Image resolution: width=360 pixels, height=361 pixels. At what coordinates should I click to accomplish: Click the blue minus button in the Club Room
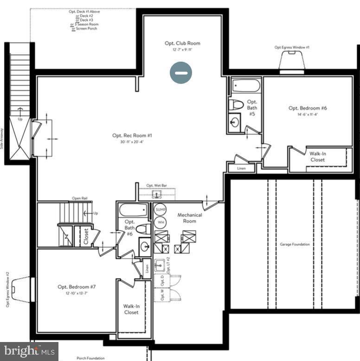pos(181,73)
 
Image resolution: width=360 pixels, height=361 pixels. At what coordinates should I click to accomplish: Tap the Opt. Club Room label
pos(182,44)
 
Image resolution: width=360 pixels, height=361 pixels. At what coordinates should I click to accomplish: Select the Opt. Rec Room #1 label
pos(132,136)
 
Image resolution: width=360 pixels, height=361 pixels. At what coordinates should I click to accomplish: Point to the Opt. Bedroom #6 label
pos(308,108)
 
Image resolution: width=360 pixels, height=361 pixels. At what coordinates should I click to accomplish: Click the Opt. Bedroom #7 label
pos(77,287)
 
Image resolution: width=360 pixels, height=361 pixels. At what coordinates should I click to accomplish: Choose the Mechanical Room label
pos(190,218)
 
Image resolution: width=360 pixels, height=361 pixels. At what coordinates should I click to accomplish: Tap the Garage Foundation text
pos(295,244)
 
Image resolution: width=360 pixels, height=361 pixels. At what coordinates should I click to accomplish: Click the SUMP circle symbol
pos(161,209)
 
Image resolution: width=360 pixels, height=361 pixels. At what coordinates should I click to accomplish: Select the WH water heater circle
pos(161,222)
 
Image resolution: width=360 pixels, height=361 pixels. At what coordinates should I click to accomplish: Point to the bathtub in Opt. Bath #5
pos(246,86)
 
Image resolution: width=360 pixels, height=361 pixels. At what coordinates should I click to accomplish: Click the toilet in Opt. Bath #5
pos(236,104)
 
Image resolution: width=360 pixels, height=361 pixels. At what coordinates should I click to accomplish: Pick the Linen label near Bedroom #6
pos(241,168)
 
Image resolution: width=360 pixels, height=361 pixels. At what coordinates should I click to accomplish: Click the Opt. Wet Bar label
pos(157,186)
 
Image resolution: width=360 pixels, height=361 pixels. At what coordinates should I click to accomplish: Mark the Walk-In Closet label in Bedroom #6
pos(318,157)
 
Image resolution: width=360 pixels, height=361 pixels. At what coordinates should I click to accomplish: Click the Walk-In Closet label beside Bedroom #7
pos(131,309)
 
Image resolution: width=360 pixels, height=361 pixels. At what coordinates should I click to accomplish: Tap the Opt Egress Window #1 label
pos(292,47)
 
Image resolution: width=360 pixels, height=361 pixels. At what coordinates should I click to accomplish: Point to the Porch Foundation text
pos(90,358)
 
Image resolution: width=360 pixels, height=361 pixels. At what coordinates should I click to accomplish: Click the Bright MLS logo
pos(29,351)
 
